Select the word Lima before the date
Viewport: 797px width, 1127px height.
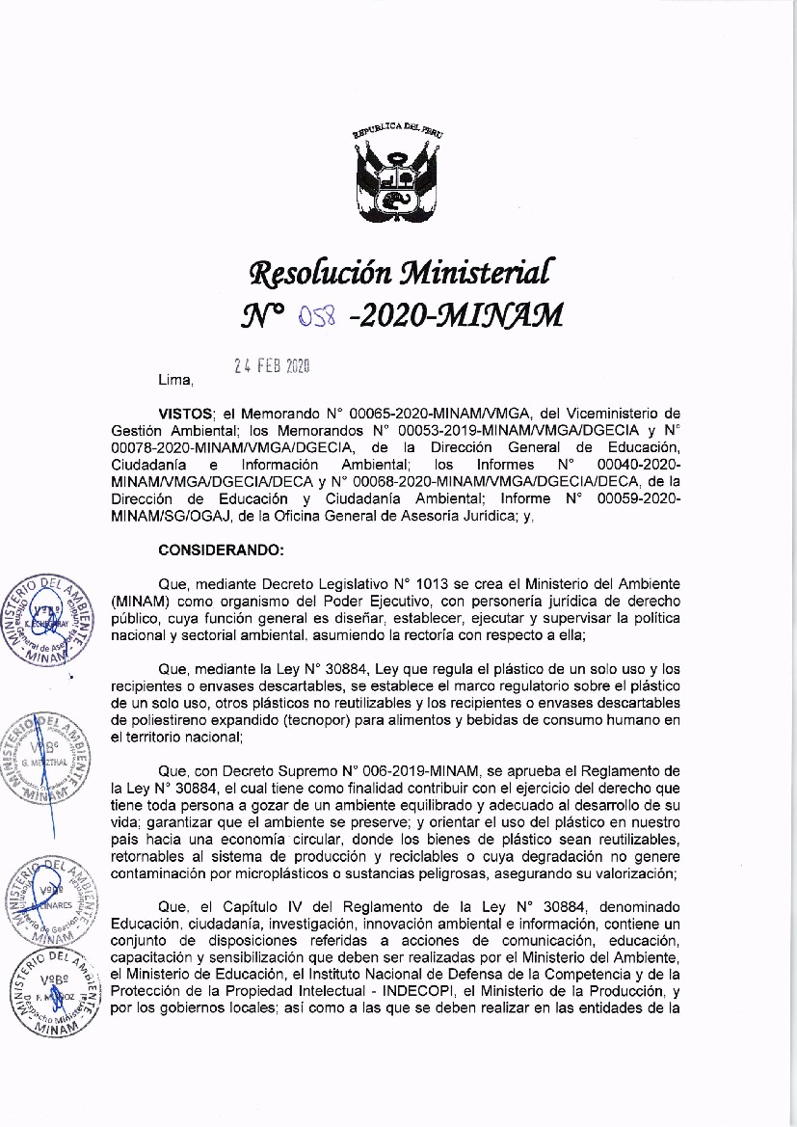(x=175, y=380)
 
